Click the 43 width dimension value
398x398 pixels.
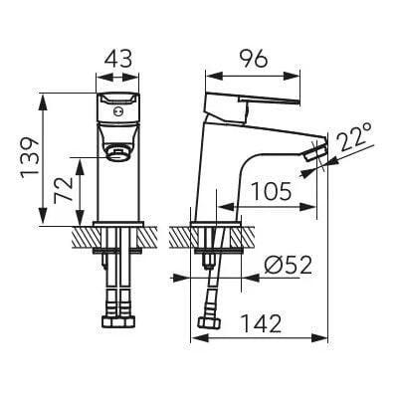118,60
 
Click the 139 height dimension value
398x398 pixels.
31,157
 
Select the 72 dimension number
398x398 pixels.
64,189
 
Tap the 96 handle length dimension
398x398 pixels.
253,60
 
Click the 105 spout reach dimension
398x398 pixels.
272,192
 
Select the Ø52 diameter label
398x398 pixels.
289,266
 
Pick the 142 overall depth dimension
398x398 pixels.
262,323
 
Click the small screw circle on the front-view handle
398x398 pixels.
116,111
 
